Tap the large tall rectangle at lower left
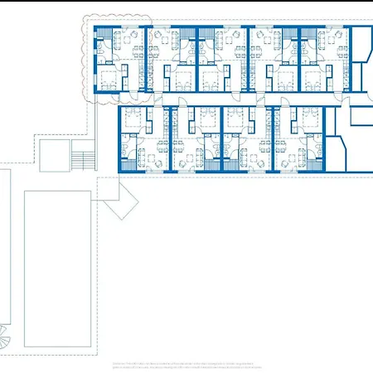click(56, 269)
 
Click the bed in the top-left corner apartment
click(109, 80)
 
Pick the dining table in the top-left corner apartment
click(127, 39)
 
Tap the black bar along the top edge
click(186, 7)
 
